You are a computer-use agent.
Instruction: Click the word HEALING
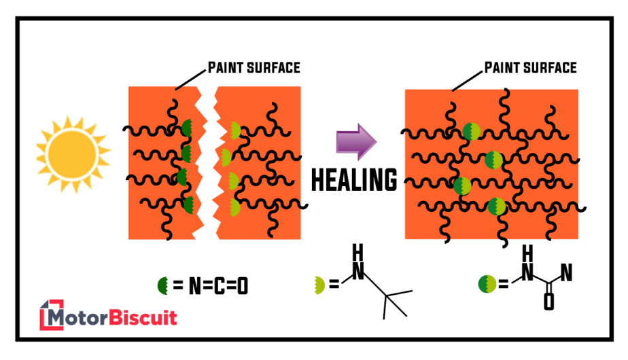[354, 180]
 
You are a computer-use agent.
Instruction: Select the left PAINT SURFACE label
[254, 67]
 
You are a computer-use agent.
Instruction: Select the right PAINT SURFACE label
[530, 67]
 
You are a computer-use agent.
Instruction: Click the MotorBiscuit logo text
[116, 317]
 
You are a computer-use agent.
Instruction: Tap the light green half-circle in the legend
[319, 285]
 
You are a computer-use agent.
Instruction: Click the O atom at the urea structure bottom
[548, 304]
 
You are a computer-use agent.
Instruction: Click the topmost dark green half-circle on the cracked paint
[187, 127]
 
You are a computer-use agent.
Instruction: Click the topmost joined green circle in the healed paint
[472, 132]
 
